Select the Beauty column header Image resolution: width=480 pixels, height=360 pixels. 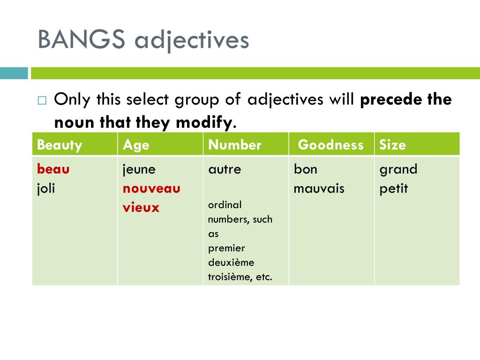[60, 145]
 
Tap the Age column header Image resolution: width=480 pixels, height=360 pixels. [136, 145]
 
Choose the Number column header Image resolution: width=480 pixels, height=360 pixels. [234, 145]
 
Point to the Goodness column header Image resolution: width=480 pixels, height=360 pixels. [330, 145]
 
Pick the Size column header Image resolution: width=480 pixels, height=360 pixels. [392, 145]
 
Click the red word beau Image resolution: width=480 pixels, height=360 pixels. [53, 169]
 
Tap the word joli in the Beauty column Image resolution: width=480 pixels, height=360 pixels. [46, 188]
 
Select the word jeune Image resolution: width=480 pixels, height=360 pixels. [139, 169]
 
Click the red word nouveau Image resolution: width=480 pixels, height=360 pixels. [151, 188]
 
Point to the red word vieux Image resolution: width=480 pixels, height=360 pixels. [141, 208]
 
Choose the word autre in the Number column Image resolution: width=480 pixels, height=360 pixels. [225, 169]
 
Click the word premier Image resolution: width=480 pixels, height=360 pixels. [226, 248]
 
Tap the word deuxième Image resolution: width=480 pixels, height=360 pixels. [231, 262]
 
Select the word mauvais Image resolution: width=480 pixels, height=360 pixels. [319, 188]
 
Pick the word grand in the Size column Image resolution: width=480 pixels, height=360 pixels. [398, 169]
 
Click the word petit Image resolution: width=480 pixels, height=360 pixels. [394, 188]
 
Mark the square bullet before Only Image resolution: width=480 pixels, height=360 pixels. [42, 100]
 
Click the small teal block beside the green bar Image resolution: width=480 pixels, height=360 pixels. [14, 73]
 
